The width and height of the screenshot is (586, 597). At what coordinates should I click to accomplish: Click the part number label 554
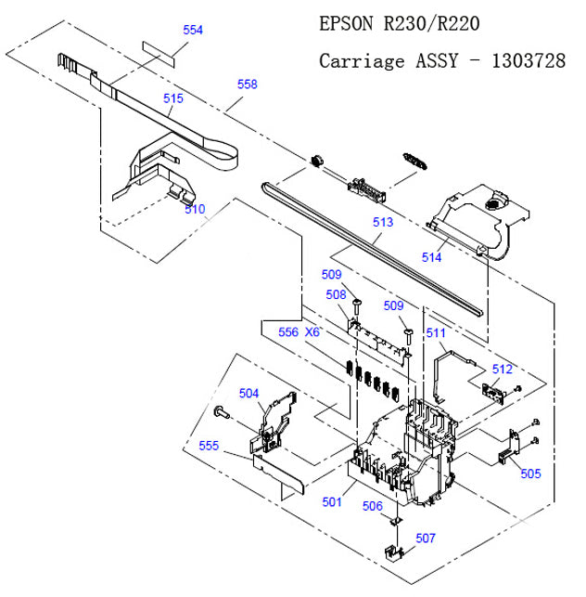[192, 31]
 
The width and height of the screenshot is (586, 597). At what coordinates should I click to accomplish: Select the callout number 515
[173, 97]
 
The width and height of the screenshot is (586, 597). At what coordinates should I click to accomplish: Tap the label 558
[247, 84]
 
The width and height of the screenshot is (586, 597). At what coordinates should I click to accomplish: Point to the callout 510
[194, 209]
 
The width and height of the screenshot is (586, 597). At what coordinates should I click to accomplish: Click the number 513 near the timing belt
[382, 223]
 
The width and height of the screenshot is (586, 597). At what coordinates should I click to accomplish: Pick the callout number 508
[335, 294]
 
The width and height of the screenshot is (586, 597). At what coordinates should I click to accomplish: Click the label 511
[436, 332]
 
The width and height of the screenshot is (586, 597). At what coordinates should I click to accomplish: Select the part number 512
[502, 369]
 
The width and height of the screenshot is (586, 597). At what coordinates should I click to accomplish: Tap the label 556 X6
[299, 331]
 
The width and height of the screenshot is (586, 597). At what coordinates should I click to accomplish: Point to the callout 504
[249, 393]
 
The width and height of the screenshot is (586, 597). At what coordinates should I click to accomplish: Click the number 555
[210, 446]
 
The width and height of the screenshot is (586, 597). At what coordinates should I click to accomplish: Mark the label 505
[529, 474]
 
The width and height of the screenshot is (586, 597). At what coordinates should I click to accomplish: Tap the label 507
[425, 538]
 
